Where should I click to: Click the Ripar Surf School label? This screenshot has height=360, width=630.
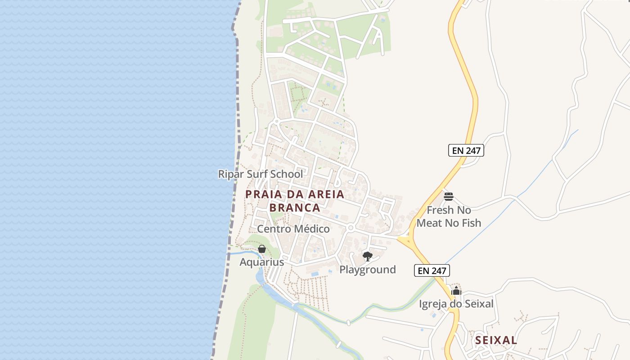[x=260, y=174]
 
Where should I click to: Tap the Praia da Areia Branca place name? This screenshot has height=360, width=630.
[x=295, y=201]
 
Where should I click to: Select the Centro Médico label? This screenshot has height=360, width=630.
[x=293, y=229]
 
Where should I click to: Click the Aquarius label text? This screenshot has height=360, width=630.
[x=261, y=262]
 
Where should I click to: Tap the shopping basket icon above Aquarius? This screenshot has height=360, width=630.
[x=262, y=249]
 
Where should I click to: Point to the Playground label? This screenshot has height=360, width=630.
[x=367, y=270]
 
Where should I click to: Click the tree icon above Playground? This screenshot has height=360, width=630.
[x=367, y=256]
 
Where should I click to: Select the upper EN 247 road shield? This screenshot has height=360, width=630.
[x=466, y=150]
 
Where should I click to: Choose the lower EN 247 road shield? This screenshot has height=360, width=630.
[x=432, y=270]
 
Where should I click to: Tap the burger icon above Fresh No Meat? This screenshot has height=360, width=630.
[x=448, y=196]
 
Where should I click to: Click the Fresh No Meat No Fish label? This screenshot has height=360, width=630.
[x=449, y=216]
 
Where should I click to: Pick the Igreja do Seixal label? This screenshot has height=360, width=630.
[x=456, y=304]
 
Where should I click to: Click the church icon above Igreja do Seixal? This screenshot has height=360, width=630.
[x=456, y=291]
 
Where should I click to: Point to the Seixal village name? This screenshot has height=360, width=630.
[x=496, y=340]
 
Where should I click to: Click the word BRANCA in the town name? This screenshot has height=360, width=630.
[x=295, y=207]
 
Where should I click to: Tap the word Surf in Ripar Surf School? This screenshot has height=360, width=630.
[x=267, y=174]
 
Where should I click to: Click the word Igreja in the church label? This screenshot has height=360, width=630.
[x=434, y=304]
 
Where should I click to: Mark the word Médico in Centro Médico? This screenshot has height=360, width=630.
[x=312, y=229]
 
